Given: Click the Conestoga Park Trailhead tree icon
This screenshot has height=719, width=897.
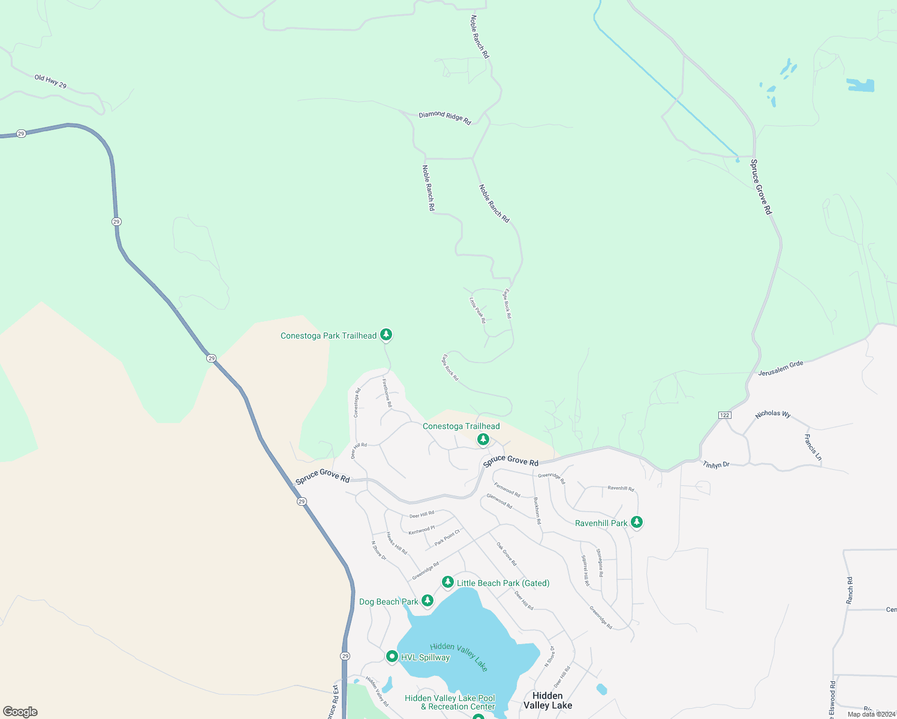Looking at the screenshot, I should [x=387, y=334].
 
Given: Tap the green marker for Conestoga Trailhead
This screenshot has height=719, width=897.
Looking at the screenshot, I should [x=483, y=440].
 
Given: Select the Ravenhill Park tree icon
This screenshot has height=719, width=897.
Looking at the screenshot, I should [x=637, y=522].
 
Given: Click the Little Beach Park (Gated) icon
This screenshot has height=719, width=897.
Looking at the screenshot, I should [x=447, y=582].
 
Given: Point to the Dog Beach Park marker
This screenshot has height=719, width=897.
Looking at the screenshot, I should [x=427, y=600].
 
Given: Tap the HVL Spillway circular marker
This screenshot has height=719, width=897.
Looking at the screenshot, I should [x=392, y=657].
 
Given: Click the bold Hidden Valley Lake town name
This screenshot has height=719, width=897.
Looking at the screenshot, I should [x=547, y=700].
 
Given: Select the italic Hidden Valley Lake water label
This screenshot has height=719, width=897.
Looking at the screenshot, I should [x=459, y=657].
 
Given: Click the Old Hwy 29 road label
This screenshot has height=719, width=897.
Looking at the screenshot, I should [x=50, y=82].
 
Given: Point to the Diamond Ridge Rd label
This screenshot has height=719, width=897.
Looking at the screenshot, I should [x=445, y=117].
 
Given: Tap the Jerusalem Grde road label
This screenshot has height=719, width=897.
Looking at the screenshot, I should [x=780, y=368].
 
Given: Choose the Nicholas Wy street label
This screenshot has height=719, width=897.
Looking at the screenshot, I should [x=773, y=414].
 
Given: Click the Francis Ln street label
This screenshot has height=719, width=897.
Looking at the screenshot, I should [x=812, y=448].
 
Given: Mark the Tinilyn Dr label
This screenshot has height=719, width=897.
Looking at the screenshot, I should [x=716, y=464].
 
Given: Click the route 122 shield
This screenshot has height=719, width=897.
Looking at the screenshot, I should [x=724, y=415].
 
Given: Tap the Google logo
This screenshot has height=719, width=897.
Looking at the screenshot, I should [x=20, y=711].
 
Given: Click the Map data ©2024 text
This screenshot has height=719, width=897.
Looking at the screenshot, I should [x=871, y=714].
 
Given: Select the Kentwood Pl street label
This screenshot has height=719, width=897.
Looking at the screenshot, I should [x=422, y=530].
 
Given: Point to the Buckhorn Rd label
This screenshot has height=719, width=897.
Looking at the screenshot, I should [x=537, y=510].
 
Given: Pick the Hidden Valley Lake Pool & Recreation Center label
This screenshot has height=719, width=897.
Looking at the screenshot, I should [x=450, y=702].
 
